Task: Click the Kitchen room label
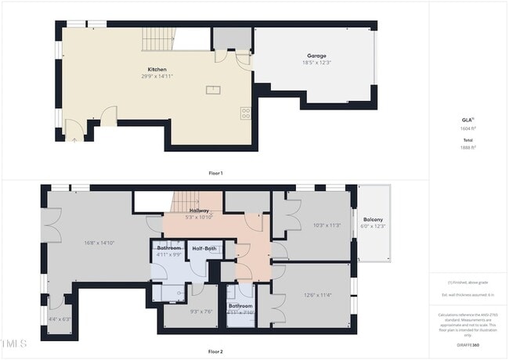[157, 69]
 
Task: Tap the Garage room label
[316, 55]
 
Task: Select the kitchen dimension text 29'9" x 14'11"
[157, 77]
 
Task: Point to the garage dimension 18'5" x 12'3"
[316, 63]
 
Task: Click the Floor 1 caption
[215, 172]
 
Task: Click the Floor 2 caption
[215, 351]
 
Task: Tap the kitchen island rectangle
[213, 90]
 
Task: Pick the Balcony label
[373, 219]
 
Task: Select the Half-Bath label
[204, 248]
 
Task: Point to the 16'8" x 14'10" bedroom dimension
[99, 243]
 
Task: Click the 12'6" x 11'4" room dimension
[318, 295]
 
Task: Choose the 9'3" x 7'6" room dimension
[201, 311]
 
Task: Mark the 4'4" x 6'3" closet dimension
[60, 319]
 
